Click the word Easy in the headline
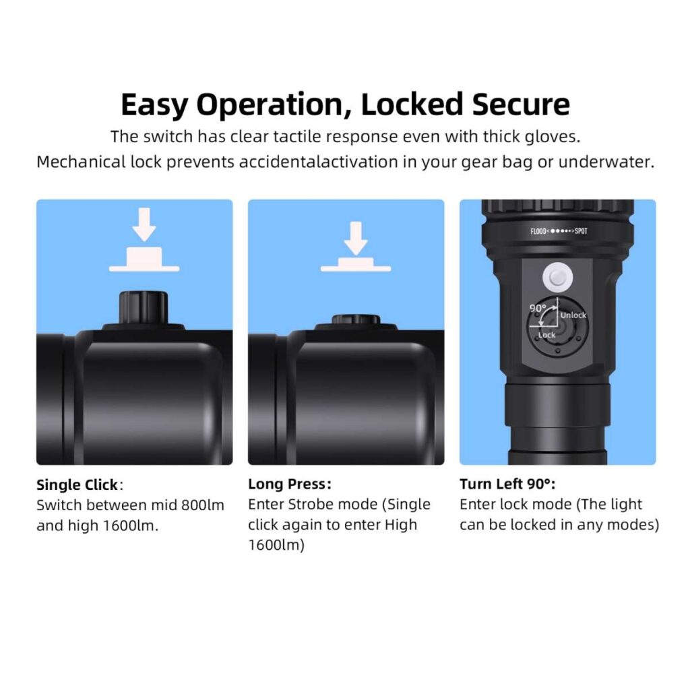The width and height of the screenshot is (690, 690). tap(154, 106)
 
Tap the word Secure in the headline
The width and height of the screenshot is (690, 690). tap(522, 104)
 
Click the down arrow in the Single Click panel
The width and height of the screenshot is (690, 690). tap(144, 224)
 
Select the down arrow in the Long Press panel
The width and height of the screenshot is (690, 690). tap(356, 238)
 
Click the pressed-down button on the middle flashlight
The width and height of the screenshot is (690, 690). tap(356, 319)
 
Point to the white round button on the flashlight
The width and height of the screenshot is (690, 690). tap(557, 278)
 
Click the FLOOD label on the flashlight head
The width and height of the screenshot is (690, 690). tap(538, 232)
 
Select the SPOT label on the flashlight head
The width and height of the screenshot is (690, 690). tap(581, 231)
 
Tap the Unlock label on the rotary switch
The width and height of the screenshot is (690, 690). tap(573, 315)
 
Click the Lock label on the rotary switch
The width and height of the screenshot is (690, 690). tap(546, 335)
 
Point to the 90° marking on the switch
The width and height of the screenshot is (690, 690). tap(537, 308)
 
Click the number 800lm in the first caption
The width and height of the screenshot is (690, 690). tap(203, 505)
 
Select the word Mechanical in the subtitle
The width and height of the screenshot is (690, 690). tap(81, 162)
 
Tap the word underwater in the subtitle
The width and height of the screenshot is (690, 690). tap(606, 162)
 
